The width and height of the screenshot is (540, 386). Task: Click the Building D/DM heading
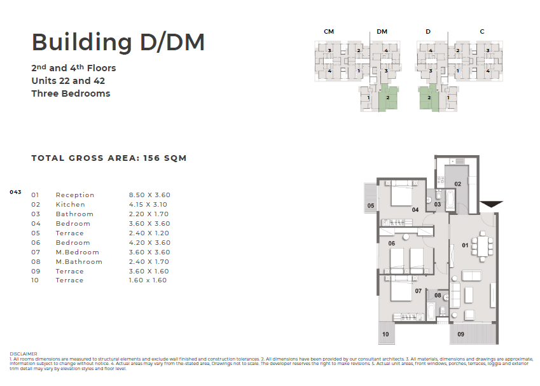pyautogui.click(x=118, y=43)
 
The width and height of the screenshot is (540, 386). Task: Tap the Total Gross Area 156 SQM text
pyautogui.click(x=109, y=158)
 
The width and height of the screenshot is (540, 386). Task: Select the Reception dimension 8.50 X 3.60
pyautogui.click(x=149, y=195)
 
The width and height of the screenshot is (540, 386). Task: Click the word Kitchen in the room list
pyautogui.click(x=70, y=205)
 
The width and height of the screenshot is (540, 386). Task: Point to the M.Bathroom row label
pyautogui.click(x=79, y=262)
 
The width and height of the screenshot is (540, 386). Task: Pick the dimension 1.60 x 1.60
pyautogui.click(x=148, y=280)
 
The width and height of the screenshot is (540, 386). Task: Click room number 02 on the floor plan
pyautogui.click(x=457, y=184)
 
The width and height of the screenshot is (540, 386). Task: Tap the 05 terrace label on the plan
pyautogui.click(x=371, y=205)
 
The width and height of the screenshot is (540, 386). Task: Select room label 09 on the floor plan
pyautogui.click(x=460, y=334)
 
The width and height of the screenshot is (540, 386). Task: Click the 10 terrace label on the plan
pyautogui.click(x=385, y=334)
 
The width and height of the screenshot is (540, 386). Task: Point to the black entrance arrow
pyautogui.click(x=492, y=204)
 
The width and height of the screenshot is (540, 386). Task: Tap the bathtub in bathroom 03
pyautogui.click(x=450, y=200)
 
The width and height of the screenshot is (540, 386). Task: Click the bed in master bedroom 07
pyautogui.click(x=401, y=289)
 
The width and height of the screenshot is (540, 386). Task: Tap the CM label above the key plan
pyautogui.click(x=329, y=32)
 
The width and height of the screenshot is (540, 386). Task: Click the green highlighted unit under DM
pyautogui.click(x=388, y=98)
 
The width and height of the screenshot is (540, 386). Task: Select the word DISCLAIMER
pyautogui.click(x=24, y=354)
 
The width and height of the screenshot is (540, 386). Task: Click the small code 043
pyautogui.click(x=15, y=192)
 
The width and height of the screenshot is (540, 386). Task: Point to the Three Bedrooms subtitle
pyautogui.click(x=71, y=93)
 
